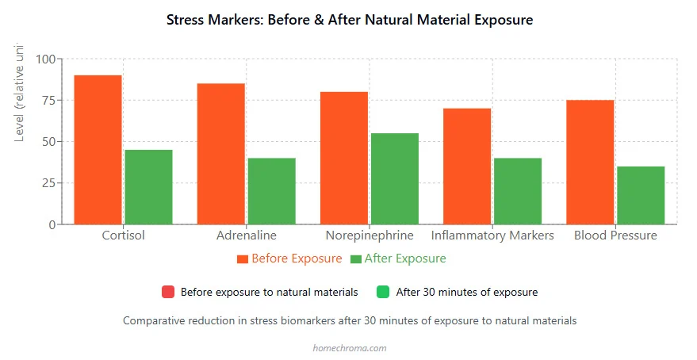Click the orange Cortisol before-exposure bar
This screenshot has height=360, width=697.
click(x=98, y=150)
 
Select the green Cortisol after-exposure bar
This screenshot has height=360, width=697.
click(x=148, y=187)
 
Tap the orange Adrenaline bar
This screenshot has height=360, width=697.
click(x=220, y=154)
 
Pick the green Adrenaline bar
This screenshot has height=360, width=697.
click(x=271, y=191)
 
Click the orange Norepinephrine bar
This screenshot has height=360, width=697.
click(x=344, y=158)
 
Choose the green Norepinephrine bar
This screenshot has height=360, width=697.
click(x=394, y=178)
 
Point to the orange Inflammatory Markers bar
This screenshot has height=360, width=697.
click(x=467, y=166)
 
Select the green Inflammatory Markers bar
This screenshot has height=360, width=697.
click(x=517, y=191)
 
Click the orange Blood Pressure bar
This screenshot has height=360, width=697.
click(x=590, y=162)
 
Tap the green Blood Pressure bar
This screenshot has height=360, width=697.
click(x=641, y=195)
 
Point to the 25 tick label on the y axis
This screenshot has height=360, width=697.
click(x=49, y=183)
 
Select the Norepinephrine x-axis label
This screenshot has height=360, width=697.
click(x=370, y=236)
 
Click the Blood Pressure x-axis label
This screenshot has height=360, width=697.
click(x=615, y=236)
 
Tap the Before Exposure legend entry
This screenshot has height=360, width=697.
click(x=289, y=259)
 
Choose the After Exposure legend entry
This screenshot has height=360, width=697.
click(x=398, y=259)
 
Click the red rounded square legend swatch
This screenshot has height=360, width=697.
click(x=168, y=292)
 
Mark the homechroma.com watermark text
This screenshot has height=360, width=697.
click(x=350, y=347)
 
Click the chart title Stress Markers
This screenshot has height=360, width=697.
click(x=350, y=19)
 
